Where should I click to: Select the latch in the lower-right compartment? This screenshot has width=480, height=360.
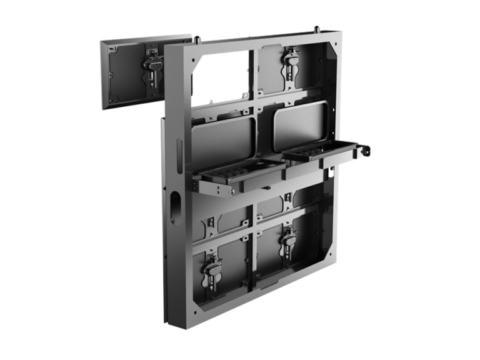click(289, 240)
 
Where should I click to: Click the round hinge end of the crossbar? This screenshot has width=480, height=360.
click(366, 152)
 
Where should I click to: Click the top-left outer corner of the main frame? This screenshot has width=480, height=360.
click(164, 47)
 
